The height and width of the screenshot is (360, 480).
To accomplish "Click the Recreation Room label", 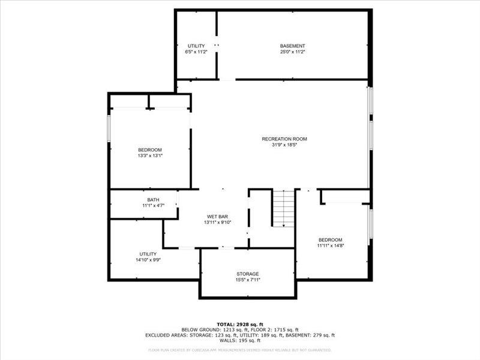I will tap(280, 139).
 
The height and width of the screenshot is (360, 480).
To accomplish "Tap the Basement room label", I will tap(293, 46).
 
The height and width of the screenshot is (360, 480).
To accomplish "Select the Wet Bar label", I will tap(217, 216).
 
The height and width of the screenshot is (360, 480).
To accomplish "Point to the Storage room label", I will tap(247, 274).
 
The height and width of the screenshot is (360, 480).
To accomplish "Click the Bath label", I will tap(153, 200).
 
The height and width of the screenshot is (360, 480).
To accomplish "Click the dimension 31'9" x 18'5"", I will tap(280, 145).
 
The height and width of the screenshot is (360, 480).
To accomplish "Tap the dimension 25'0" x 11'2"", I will tap(293, 52).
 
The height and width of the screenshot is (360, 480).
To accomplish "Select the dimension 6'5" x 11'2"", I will tap(196, 52).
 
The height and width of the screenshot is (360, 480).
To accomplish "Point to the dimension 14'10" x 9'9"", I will tap(148, 260).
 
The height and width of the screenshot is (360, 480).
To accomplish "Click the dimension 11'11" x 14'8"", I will tap(330, 245).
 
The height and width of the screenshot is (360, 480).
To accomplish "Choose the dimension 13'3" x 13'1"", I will tap(150, 155).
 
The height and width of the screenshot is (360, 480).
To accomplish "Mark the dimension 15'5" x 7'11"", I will tap(247, 280).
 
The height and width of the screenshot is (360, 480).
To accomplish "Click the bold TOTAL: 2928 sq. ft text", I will tap(240, 325).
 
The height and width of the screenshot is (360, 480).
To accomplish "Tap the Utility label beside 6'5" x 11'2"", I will tap(196, 46).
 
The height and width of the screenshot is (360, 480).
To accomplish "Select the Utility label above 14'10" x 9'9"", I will tap(148, 254).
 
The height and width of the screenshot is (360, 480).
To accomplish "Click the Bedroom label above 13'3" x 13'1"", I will tap(150, 149).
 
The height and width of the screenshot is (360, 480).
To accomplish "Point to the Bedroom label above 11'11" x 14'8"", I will tap(330, 239).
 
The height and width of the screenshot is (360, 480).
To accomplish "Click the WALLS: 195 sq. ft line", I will tap(240, 341).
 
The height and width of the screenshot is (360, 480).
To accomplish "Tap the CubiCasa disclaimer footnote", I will tap(240, 350).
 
